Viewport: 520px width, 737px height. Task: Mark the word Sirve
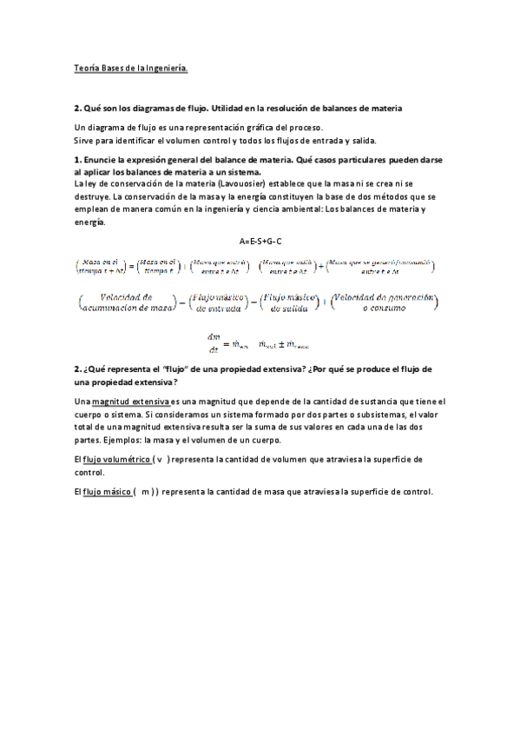point(84,140)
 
